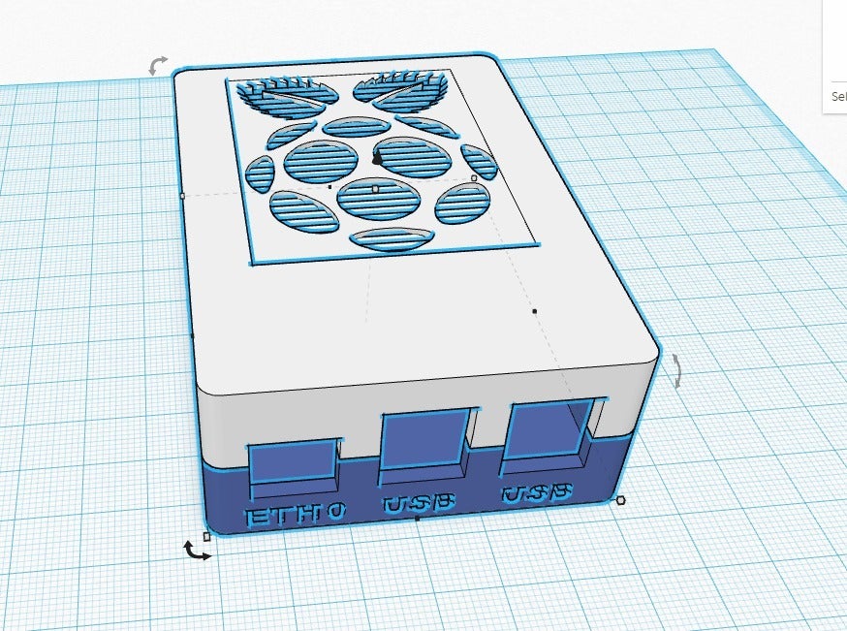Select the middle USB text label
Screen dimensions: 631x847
(419, 504)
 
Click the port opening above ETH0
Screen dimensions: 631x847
(291, 463)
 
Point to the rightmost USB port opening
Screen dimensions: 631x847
(549, 430)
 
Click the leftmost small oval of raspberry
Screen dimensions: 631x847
(260, 174)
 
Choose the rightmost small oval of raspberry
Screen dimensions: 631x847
(479, 161)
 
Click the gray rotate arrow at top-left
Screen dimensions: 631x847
(157, 66)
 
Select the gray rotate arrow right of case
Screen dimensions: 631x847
(675, 371)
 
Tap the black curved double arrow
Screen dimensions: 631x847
(197, 551)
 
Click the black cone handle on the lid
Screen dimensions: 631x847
(377, 157)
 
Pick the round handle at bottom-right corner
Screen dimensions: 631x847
(620, 500)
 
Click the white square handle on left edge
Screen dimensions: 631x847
(182, 196)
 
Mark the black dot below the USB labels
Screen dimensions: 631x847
(417, 519)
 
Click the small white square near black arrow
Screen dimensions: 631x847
(206, 535)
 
